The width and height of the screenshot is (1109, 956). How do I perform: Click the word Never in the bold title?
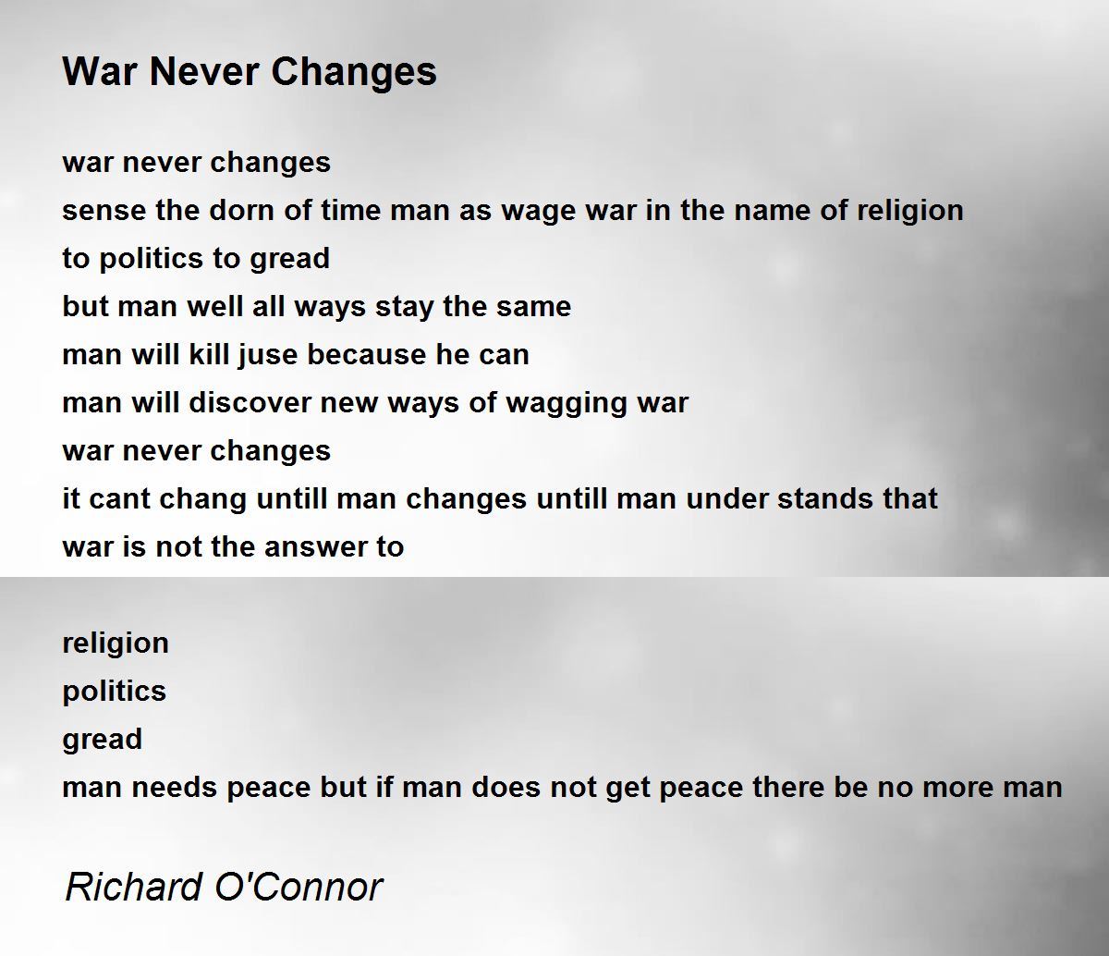pos(205,71)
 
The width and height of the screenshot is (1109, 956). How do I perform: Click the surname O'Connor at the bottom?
pos(299,887)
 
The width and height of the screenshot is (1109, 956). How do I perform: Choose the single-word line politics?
pos(115,692)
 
